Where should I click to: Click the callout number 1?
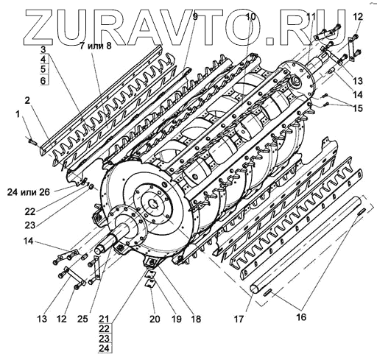pos(18,115)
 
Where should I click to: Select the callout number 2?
pos(27,101)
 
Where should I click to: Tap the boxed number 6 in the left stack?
pos(43,80)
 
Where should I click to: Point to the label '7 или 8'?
pos(96,46)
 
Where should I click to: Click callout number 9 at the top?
pos(195,17)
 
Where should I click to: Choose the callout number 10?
pos(250,17)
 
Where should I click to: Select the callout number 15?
pos(358,108)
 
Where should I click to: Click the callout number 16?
pos(302,317)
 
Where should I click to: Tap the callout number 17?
pos(239,319)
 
